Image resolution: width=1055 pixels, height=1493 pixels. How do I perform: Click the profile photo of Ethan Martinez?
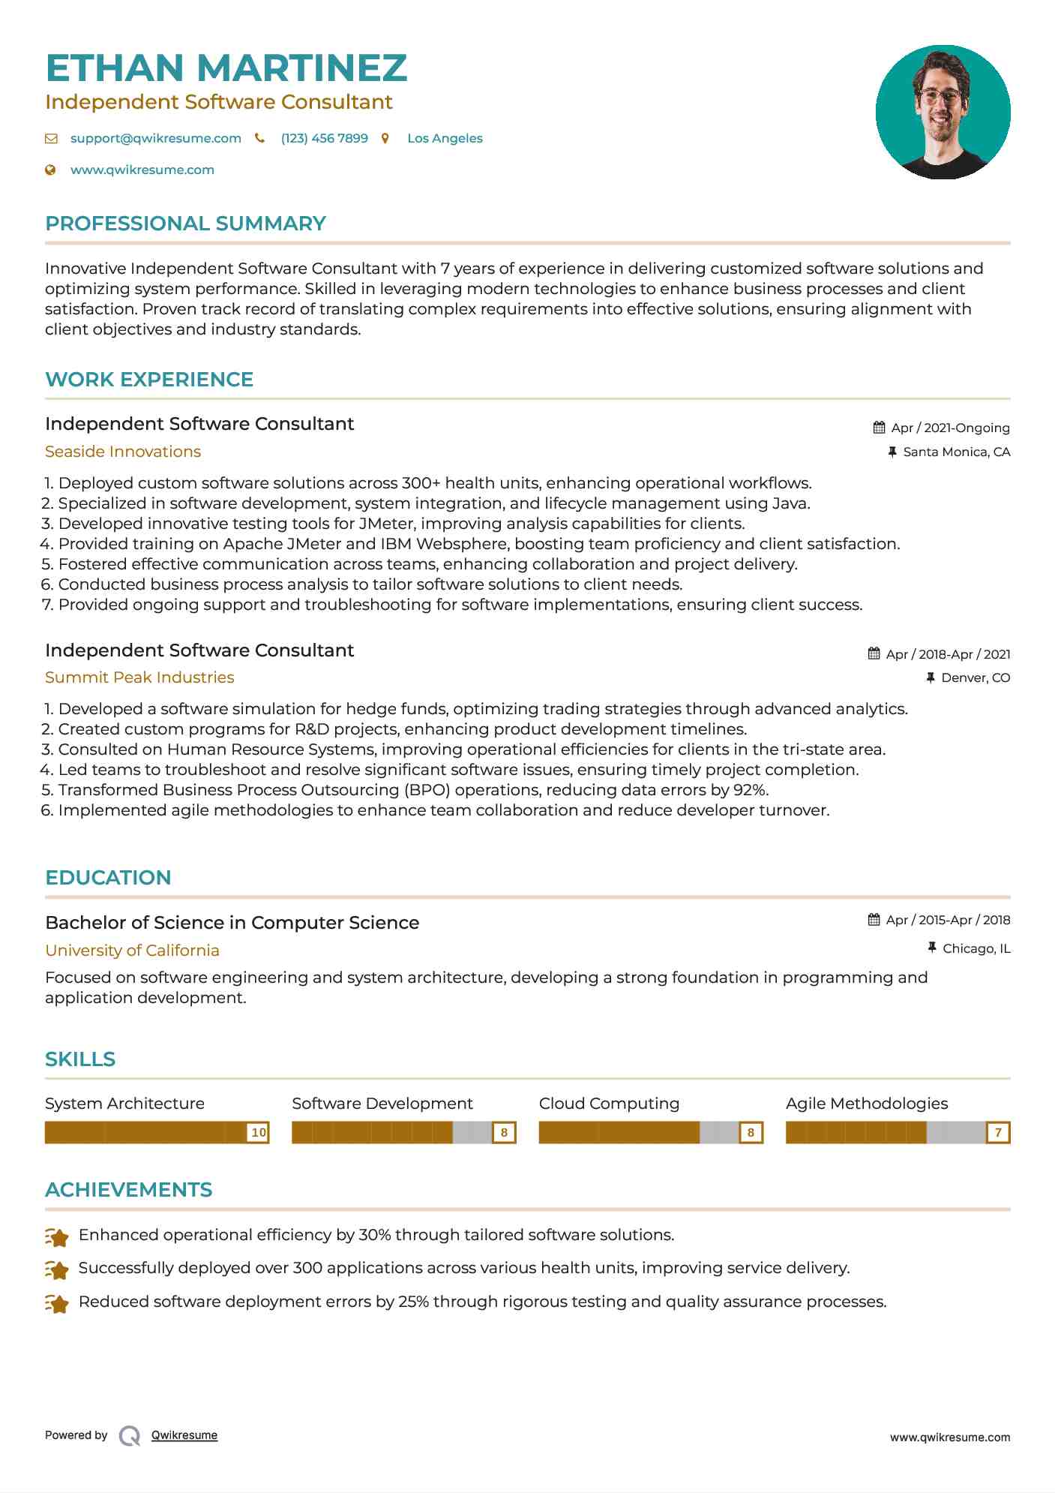[943, 112]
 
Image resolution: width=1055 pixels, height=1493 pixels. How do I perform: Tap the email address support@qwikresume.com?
[155, 138]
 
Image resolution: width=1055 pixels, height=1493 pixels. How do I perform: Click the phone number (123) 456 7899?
[324, 138]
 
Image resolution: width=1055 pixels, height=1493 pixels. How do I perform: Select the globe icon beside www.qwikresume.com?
[50, 170]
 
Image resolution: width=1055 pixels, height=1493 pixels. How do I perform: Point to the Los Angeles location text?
[445, 138]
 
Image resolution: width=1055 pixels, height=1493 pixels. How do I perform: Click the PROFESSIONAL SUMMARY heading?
[185, 224]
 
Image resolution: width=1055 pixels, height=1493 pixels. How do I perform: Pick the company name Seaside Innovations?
[123, 452]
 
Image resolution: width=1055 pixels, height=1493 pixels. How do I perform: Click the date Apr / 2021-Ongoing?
[950, 428]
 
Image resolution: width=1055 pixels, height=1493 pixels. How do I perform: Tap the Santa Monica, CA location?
[956, 452]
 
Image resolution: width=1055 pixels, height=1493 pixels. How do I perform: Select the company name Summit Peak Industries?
[139, 677]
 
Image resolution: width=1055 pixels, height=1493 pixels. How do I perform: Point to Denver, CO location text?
[976, 677]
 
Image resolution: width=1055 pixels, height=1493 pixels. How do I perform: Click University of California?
[132, 951]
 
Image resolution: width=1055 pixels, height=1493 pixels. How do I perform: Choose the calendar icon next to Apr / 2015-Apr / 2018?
[874, 920]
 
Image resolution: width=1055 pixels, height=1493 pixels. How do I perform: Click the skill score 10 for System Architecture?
[258, 1132]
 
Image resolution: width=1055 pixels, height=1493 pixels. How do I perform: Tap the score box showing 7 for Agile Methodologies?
[998, 1132]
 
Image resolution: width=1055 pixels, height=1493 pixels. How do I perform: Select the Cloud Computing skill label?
[609, 1104]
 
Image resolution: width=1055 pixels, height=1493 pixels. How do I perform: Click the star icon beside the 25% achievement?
[57, 1303]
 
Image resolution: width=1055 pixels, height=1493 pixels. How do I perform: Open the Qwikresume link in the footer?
[184, 1435]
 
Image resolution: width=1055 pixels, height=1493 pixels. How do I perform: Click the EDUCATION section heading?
[108, 878]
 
